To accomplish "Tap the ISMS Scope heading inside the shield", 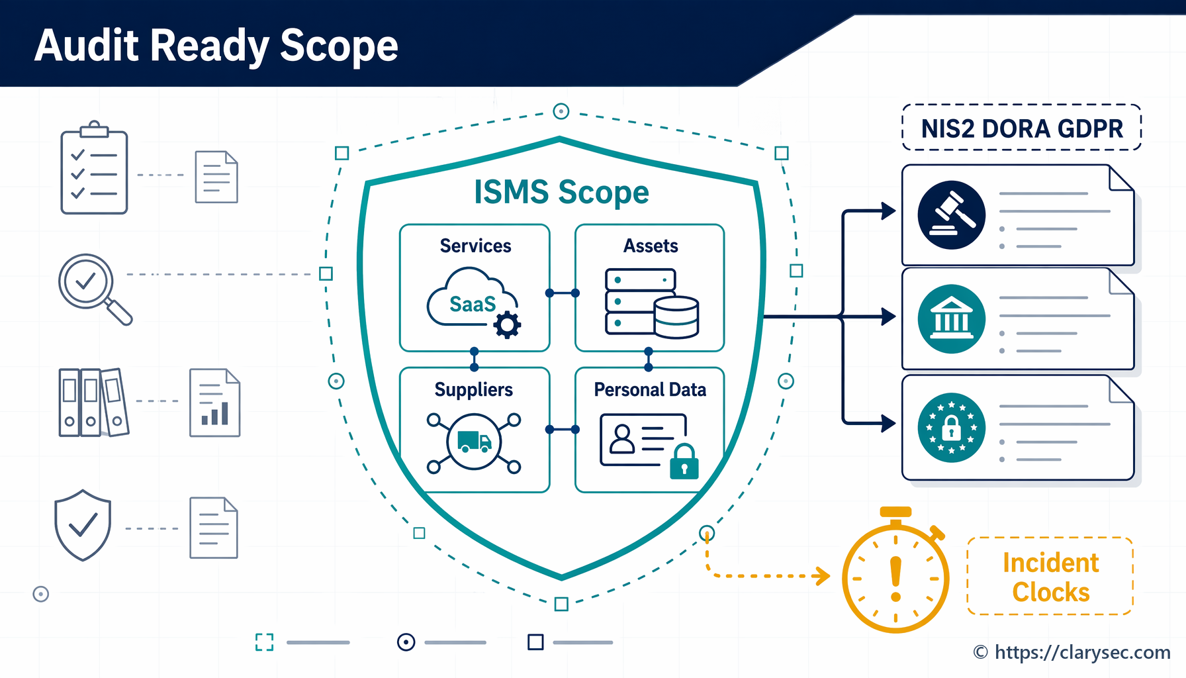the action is pyautogui.click(x=561, y=192).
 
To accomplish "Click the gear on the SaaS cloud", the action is pyautogui.click(x=508, y=325).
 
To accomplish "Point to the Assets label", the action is pyautogui.click(x=651, y=246).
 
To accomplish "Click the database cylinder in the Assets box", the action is pyautogui.click(x=676, y=317).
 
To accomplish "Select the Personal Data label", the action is pyautogui.click(x=650, y=390).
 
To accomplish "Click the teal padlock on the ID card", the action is pyautogui.click(x=684, y=461).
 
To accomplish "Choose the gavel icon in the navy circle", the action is pyautogui.click(x=952, y=215).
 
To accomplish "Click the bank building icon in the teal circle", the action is pyautogui.click(x=952, y=319).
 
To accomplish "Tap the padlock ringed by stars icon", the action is pyautogui.click(x=952, y=427).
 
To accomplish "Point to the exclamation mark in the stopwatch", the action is pyautogui.click(x=896, y=579).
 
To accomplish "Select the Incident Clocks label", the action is pyautogui.click(x=1051, y=577).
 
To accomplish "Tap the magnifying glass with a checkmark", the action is pyautogui.click(x=95, y=289).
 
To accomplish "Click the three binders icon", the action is pyautogui.click(x=93, y=402).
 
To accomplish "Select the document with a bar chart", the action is pyautogui.click(x=214, y=403).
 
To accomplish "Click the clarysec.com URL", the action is pyautogui.click(x=1082, y=652).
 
